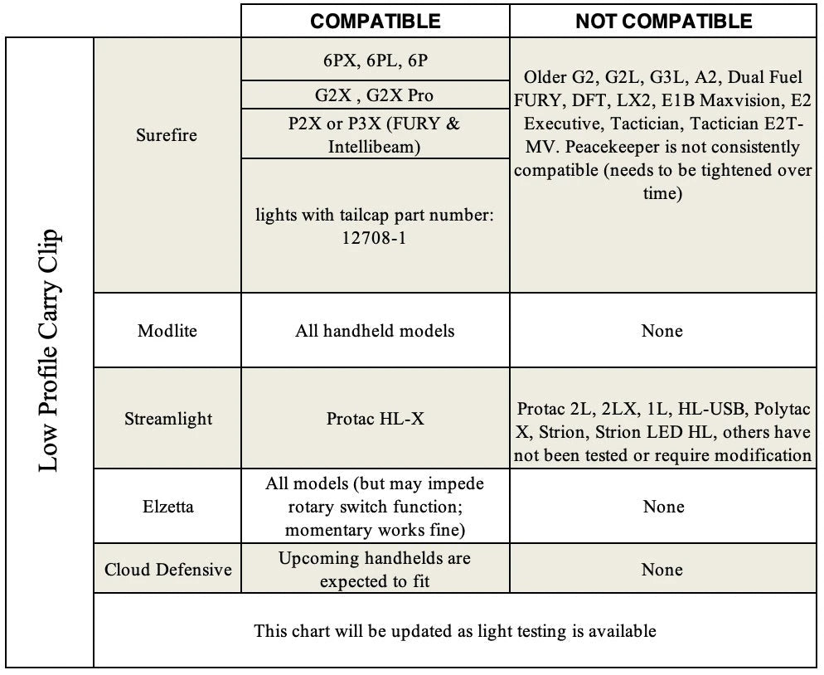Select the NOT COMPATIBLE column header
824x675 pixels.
(x=663, y=21)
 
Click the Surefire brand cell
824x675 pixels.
(x=167, y=135)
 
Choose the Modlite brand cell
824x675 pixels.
(x=167, y=331)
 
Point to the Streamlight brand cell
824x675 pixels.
(x=167, y=419)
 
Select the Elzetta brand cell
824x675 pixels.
(x=167, y=506)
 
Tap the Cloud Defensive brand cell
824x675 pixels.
(x=168, y=570)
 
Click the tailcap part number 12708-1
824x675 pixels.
(x=376, y=236)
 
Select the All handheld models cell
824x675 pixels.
(x=375, y=331)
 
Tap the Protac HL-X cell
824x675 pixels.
(x=375, y=419)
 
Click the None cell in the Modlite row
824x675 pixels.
(x=662, y=331)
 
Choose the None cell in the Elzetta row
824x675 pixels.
(x=662, y=506)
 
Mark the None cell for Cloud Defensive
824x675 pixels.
(x=662, y=570)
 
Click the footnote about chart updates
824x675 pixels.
(x=455, y=630)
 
